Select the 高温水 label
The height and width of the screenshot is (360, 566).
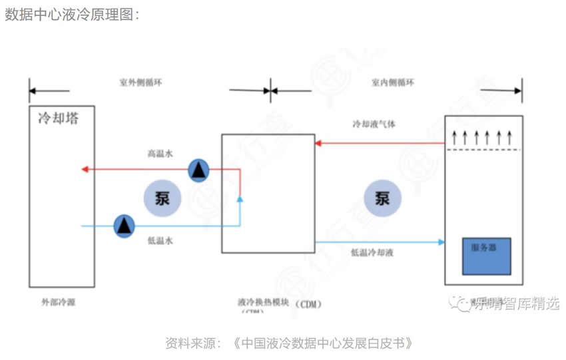point(160,154)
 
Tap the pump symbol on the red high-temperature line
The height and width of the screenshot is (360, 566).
point(198,170)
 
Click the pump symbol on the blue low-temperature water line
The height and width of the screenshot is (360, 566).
point(123,226)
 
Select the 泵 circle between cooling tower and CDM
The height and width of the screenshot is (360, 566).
point(161,198)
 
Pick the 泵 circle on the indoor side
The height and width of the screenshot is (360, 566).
point(382,198)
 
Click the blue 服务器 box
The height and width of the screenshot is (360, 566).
point(487,256)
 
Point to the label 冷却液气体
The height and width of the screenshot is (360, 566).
point(374,124)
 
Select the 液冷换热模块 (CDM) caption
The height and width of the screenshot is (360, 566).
point(279,303)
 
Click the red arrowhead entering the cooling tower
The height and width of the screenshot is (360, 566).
point(85,169)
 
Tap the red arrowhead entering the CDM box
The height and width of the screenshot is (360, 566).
point(319,142)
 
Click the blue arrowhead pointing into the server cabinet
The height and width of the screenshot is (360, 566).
point(441,242)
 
